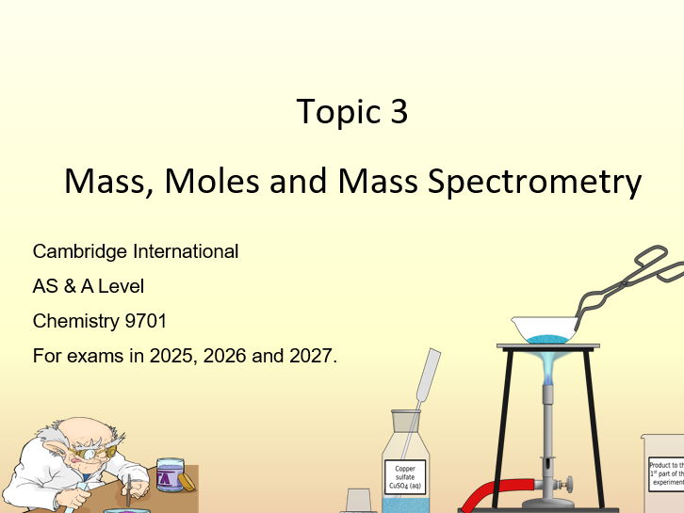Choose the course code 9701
146,321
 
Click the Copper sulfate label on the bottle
405,475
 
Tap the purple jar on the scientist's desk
170,474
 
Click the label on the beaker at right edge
666,473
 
